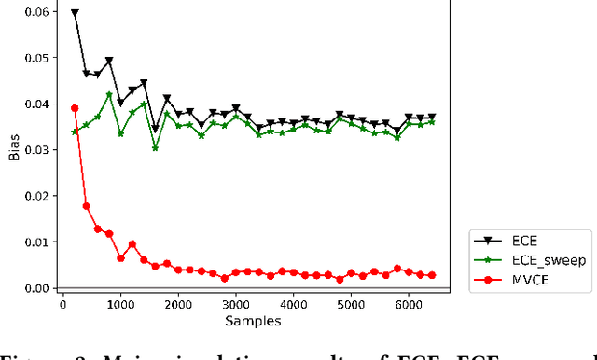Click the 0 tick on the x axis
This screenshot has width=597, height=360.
coord(62,304)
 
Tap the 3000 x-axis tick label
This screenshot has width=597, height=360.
coord(236,304)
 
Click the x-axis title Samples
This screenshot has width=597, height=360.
coord(254,320)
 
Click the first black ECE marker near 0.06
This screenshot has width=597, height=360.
coord(75,14)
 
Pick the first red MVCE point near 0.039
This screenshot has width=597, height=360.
coord(75,108)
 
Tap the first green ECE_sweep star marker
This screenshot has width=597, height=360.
coord(75,132)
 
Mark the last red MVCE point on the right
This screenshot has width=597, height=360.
coord(431,275)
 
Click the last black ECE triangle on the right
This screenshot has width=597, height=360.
coord(431,118)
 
